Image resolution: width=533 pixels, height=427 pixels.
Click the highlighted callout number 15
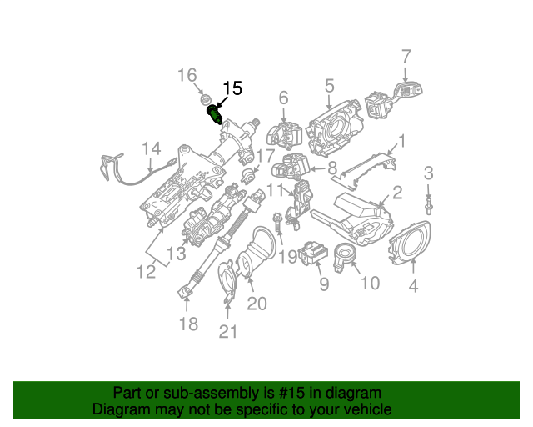click(x=232, y=88)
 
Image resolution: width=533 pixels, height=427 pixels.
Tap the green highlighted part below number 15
click(x=214, y=113)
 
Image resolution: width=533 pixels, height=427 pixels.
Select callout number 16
click(x=187, y=76)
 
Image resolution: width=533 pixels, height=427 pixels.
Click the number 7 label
click(x=406, y=58)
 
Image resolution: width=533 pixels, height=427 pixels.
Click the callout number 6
click(x=283, y=98)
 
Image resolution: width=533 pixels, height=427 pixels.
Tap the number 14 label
click(x=150, y=149)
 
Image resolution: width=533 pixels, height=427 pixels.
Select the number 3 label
click(x=429, y=173)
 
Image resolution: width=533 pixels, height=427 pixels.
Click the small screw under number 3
click(x=429, y=203)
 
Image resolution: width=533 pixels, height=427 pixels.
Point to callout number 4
click(x=414, y=289)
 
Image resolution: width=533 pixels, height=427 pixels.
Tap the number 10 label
click(x=369, y=284)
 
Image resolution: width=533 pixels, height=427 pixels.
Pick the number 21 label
click(x=228, y=332)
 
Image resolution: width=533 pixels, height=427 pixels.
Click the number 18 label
click(x=189, y=324)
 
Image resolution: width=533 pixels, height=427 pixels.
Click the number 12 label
click(x=147, y=271)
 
